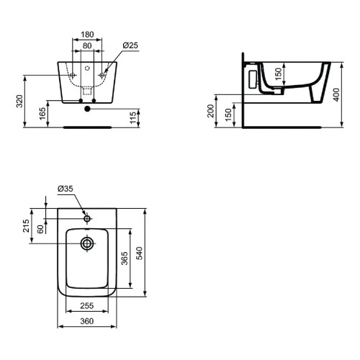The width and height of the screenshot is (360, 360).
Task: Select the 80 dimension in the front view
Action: pyautogui.click(x=86, y=45)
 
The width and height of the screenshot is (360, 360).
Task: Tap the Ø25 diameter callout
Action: pyautogui.click(x=130, y=45)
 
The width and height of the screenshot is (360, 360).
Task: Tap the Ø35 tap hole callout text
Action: pyautogui.click(x=66, y=189)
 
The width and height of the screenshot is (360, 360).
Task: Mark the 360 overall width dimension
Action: pyautogui.click(x=87, y=321)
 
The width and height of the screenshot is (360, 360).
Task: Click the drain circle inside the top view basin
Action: pyautogui.click(x=88, y=243)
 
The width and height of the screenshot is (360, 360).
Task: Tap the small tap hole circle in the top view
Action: pyautogui.click(x=88, y=218)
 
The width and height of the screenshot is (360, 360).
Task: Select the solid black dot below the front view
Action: pyautogui.click(x=88, y=109)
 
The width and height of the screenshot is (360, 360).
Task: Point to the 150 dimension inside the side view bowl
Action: pyautogui.click(x=277, y=73)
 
